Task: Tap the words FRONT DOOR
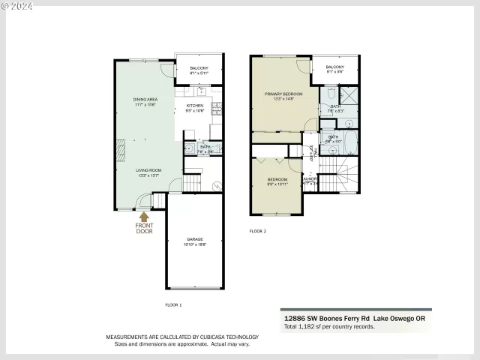[x=144, y=229]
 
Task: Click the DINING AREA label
[x=145, y=101]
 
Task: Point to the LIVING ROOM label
[x=148, y=172]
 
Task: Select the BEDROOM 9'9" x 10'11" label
[x=277, y=181]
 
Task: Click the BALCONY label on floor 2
[x=335, y=70]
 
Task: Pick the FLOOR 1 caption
[x=173, y=304]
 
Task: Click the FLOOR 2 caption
[x=257, y=232]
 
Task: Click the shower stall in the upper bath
[x=349, y=95]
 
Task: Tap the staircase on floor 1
[x=193, y=181]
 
